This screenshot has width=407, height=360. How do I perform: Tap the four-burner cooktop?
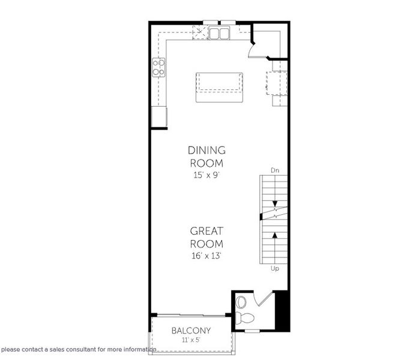click(159, 68)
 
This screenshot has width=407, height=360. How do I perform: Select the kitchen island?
click(219, 86)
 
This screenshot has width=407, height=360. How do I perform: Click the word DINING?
click(207, 150)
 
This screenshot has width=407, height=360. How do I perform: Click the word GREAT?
click(207, 231)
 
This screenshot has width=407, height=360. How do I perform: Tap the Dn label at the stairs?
click(275, 170)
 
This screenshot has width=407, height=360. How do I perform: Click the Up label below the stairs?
click(275, 268)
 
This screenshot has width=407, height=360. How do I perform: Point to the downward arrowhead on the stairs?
click(275, 205)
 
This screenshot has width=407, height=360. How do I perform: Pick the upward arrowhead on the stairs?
click(275, 235)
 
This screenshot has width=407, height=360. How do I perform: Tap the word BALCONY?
click(191, 331)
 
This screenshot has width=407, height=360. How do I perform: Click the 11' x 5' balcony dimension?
click(191, 340)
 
